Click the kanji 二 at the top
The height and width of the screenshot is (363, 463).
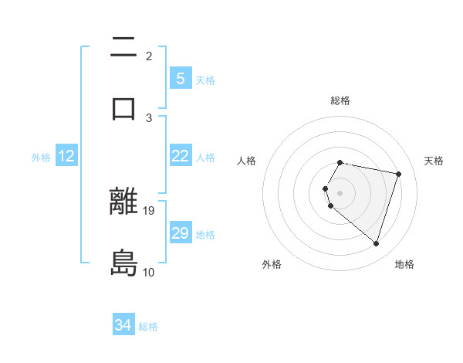point(124,48)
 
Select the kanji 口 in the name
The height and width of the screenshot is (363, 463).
point(124,107)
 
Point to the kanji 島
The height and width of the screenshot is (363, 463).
point(124,263)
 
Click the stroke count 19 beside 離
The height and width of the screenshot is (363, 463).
point(150,210)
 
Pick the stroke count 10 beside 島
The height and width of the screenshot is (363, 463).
point(149,272)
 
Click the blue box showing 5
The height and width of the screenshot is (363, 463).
point(180,79)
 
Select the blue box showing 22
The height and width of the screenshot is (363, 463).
point(180,156)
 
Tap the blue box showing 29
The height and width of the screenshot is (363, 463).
point(180,233)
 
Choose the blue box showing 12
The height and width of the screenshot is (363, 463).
point(66,156)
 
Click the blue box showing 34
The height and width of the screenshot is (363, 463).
point(123,325)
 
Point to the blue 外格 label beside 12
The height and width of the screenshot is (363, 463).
point(41,158)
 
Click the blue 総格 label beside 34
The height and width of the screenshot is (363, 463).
point(148,327)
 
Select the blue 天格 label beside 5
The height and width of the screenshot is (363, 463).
point(205,80)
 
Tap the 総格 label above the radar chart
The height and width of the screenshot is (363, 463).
point(340,100)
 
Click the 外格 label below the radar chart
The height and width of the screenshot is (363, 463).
point(272,264)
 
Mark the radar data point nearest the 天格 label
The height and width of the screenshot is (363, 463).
point(399,174)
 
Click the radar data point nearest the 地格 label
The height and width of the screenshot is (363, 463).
point(376,243)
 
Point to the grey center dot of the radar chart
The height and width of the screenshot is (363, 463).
point(340,192)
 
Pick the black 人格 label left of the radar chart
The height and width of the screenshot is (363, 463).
point(247,161)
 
